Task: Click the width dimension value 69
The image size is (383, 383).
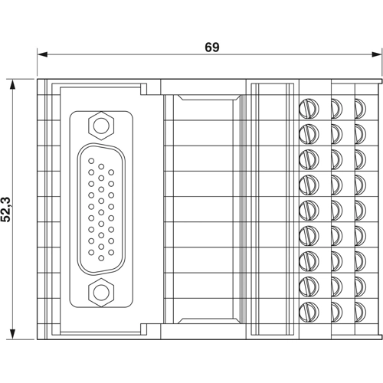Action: click(212, 47)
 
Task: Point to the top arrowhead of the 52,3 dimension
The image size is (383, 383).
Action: click(13, 83)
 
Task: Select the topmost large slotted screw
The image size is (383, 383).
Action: click(309, 106)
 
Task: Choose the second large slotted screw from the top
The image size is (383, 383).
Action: click(309, 133)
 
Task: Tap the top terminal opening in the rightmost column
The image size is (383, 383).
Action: click(359, 106)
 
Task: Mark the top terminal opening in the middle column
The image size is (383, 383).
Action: click(336, 106)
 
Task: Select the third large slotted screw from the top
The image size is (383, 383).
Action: click(309, 159)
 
